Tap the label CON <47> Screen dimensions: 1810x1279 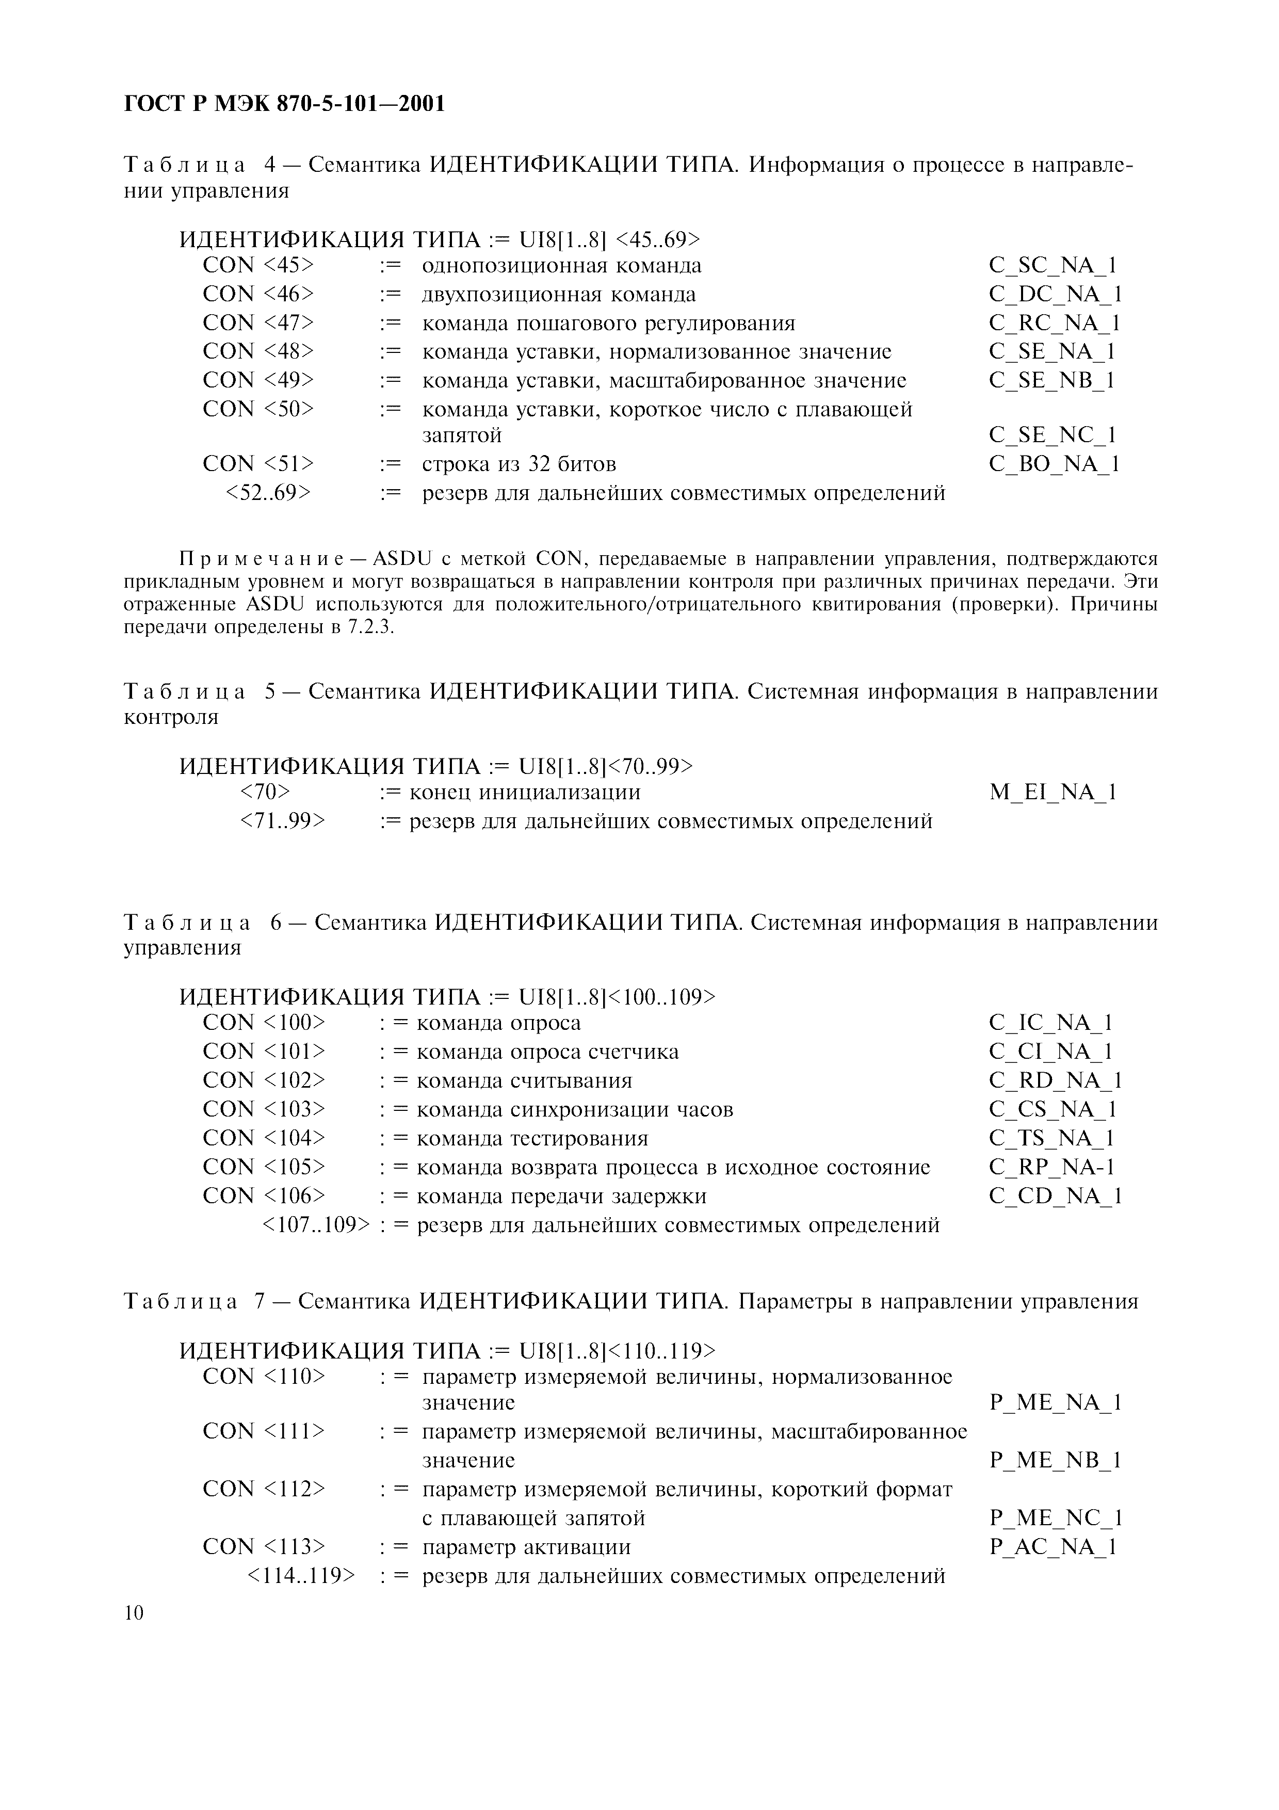pyautogui.click(x=257, y=323)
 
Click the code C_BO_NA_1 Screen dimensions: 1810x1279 pyautogui.click(x=1054, y=463)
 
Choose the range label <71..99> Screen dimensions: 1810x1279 pyautogui.click(x=281, y=821)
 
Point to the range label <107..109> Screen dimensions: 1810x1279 pyautogui.click(x=314, y=1224)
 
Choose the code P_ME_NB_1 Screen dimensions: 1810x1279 pyautogui.click(x=1055, y=1461)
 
